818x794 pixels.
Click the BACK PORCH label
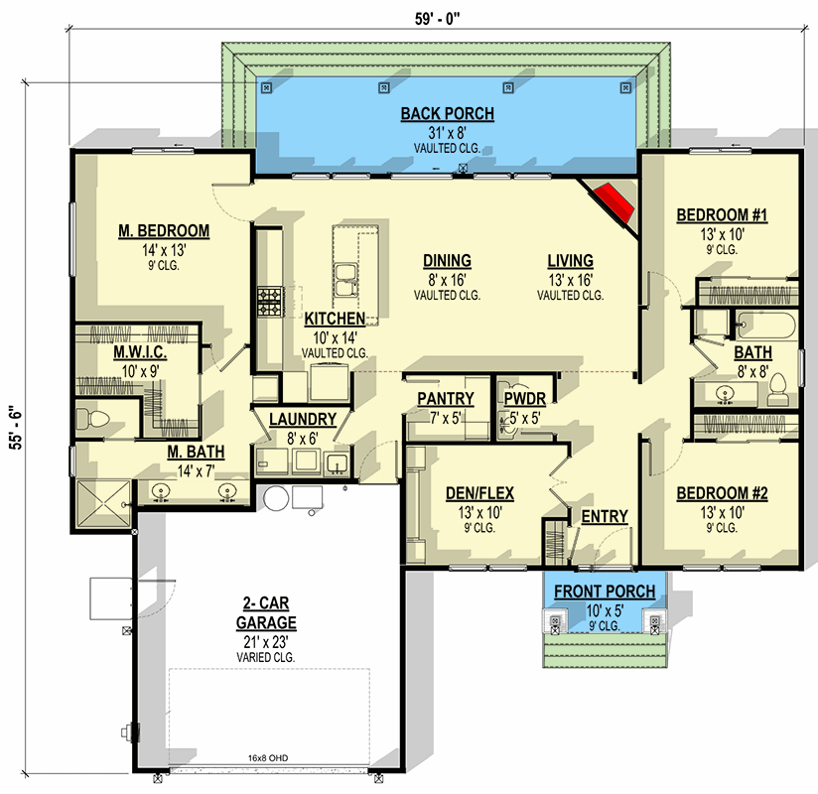447,114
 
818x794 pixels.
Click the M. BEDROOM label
164,231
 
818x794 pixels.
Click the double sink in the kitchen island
346,280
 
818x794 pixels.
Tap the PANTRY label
445,399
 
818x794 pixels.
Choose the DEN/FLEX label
474,493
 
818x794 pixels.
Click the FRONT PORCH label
604,592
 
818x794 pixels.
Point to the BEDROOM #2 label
722,493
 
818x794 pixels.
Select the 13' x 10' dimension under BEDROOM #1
722,234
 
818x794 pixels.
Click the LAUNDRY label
303,419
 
